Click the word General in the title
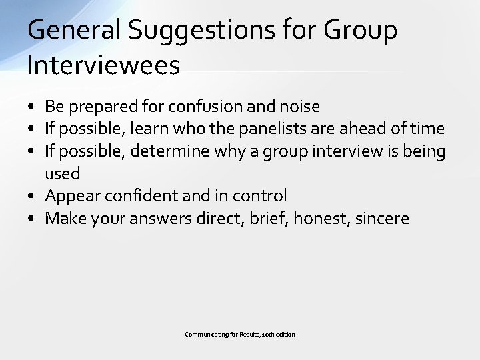pyautogui.click(x=73, y=31)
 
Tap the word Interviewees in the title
pyautogui.click(x=103, y=65)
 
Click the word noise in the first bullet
pyautogui.click(x=300, y=106)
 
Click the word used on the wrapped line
pyautogui.click(x=62, y=174)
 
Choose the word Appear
pyautogui.click(x=72, y=196)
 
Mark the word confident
pyautogui.click(x=142, y=196)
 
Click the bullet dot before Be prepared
pyautogui.click(x=32, y=107)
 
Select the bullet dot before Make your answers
pyautogui.click(x=32, y=219)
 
